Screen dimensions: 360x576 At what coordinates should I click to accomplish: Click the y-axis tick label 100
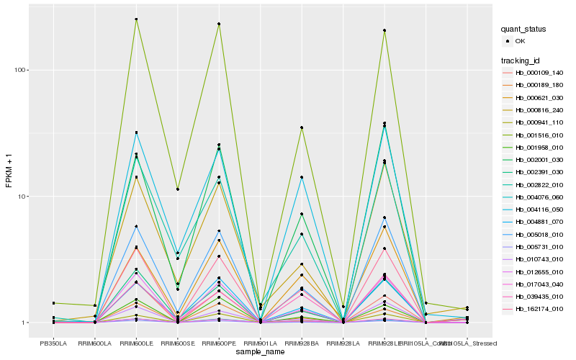pos(23,71)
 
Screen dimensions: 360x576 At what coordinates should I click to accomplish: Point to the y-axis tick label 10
pos(24,197)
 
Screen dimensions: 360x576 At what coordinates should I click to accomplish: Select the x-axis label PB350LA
pos(53,343)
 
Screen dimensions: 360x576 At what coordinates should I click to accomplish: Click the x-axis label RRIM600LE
pos(136,343)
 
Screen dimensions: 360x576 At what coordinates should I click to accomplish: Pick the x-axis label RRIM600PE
pos(219,343)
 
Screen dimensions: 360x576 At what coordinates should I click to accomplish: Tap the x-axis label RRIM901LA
pos(260,343)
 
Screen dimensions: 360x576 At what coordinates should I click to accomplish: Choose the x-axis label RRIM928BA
pos(302,343)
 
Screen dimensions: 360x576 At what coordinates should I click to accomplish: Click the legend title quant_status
pos(524,29)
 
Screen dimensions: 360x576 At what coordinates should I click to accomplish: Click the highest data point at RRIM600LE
pos(136,19)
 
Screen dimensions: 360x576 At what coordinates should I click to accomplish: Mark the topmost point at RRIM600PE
pos(219,24)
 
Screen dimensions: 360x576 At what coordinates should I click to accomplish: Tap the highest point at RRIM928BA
pos(302,127)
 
